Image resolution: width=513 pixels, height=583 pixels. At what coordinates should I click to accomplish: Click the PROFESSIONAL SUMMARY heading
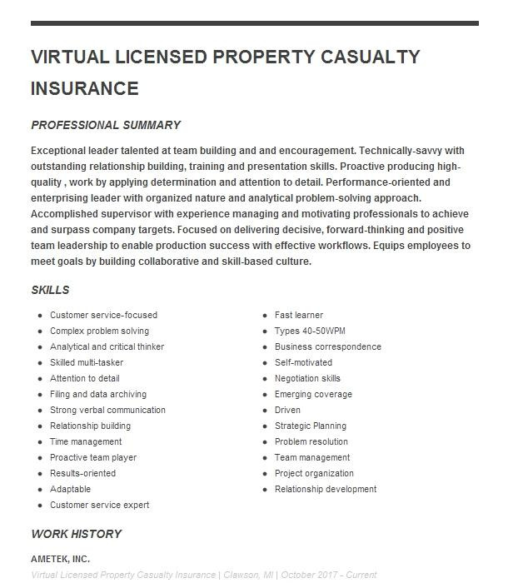106,125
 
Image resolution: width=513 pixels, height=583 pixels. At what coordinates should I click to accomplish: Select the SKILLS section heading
50,291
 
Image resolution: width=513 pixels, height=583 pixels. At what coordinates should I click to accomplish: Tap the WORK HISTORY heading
76,534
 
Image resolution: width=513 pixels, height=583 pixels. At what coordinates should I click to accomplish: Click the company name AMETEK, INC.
60,559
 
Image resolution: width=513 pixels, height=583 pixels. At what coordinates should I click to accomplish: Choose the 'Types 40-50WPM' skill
310,331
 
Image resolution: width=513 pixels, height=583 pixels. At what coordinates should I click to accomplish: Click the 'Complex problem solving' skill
99,331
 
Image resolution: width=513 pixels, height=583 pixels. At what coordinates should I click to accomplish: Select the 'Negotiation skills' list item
307,378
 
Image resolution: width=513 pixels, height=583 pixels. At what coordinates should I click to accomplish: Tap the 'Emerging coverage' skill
313,394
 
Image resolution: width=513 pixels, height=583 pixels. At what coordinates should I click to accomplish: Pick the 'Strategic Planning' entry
311,426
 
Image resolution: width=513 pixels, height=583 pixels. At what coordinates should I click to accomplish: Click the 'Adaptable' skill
70,489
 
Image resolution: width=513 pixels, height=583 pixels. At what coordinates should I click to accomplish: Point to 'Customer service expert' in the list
99,505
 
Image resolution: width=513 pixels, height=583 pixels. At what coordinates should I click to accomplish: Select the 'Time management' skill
86,441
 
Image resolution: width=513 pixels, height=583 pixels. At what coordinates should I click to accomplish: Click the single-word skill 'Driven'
287,410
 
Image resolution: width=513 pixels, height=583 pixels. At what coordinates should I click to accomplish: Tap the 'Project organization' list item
314,473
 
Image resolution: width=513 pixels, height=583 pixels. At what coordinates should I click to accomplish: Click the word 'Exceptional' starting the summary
59,151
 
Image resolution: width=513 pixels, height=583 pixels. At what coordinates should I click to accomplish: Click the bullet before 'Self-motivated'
266,363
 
